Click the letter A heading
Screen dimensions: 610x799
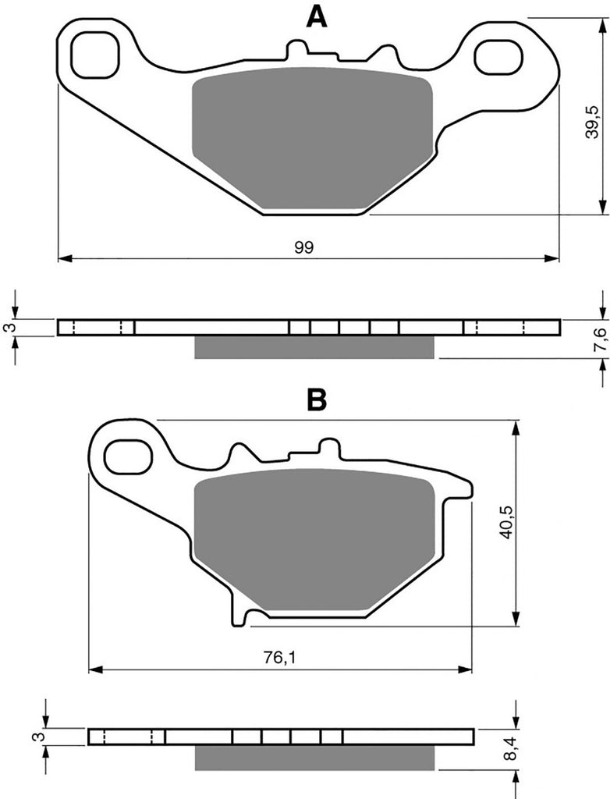click(x=317, y=16)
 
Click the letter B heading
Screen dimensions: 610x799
click(x=317, y=400)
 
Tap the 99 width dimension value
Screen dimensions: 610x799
click(x=303, y=247)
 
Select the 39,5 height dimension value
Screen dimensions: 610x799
click(x=591, y=123)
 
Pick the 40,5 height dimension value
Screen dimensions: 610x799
click(x=507, y=523)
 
